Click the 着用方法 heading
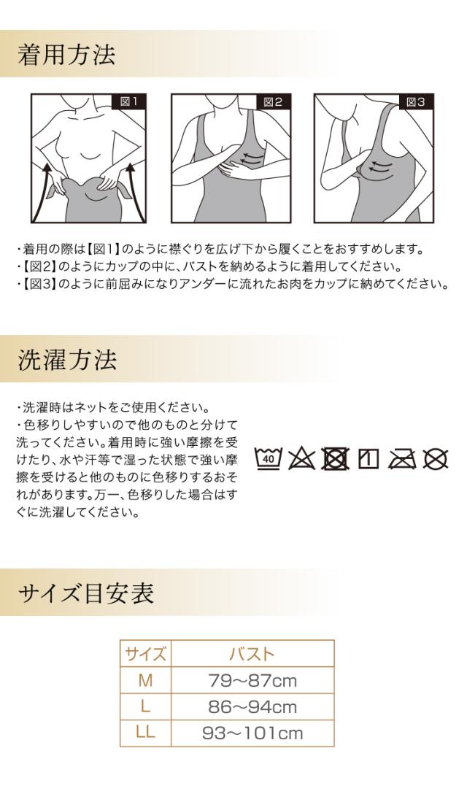pyautogui.click(x=66, y=55)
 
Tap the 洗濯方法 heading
pyautogui.click(x=66, y=359)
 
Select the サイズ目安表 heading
pyautogui.click(x=85, y=593)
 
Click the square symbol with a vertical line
pyautogui.click(x=367, y=459)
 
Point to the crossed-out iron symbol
pyautogui.click(x=400, y=459)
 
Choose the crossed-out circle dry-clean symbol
pyautogui.click(x=436, y=459)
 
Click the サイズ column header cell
pyautogui.click(x=145, y=653)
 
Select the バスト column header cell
pyautogui.click(x=252, y=653)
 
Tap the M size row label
pyautogui.click(x=145, y=680)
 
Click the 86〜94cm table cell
pyautogui.click(x=252, y=706)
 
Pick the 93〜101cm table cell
pyautogui.click(x=252, y=733)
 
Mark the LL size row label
pyautogui.click(x=145, y=733)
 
